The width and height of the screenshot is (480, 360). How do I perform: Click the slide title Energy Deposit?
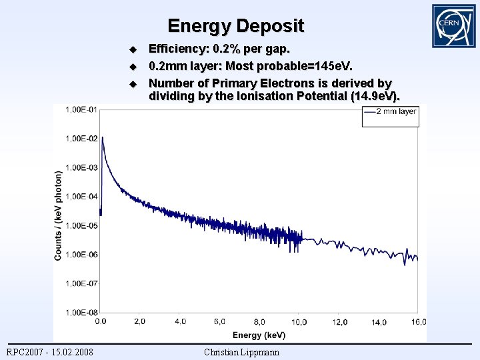click(x=235, y=26)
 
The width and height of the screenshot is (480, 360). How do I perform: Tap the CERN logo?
click(x=453, y=26)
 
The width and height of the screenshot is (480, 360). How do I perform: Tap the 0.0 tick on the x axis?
click(x=100, y=321)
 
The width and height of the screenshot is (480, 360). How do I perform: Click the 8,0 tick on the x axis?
click(x=259, y=322)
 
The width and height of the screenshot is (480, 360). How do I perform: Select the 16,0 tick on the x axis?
click(x=418, y=322)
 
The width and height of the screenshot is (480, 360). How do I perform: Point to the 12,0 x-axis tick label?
click(x=339, y=322)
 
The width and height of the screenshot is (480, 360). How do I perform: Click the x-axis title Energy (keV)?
click(x=259, y=335)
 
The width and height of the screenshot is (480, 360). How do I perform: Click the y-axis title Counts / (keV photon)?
click(x=59, y=215)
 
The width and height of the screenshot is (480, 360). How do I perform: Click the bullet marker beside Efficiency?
click(x=132, y=50)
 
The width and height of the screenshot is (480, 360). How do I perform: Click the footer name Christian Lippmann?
click(x=241, y=352)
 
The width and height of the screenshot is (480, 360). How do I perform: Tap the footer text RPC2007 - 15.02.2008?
click(x=50, y=352)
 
